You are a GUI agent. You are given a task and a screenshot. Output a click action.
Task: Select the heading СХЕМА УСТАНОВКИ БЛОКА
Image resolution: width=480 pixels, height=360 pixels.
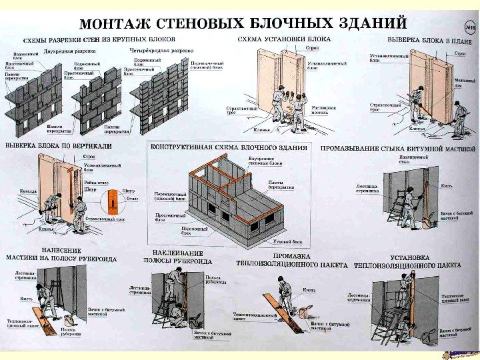(x=284, y=39)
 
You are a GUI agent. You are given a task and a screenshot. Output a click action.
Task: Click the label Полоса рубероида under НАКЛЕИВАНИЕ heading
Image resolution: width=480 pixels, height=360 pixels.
(x=214, y=279)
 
